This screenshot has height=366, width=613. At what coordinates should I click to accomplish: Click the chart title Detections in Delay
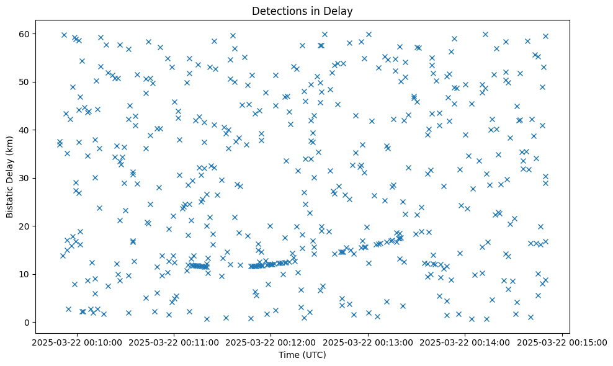[302, 11]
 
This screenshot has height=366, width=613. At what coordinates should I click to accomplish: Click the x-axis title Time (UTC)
[302, 355]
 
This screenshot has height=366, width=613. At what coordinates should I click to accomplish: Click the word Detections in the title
[279, 11]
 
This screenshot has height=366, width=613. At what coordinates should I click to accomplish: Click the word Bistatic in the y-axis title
[10, 197]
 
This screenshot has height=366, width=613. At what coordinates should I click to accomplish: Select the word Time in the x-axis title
[289, 355]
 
